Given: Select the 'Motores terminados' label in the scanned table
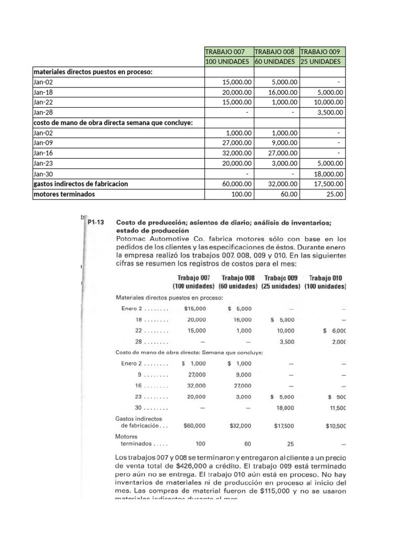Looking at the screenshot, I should tap(133, 440).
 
